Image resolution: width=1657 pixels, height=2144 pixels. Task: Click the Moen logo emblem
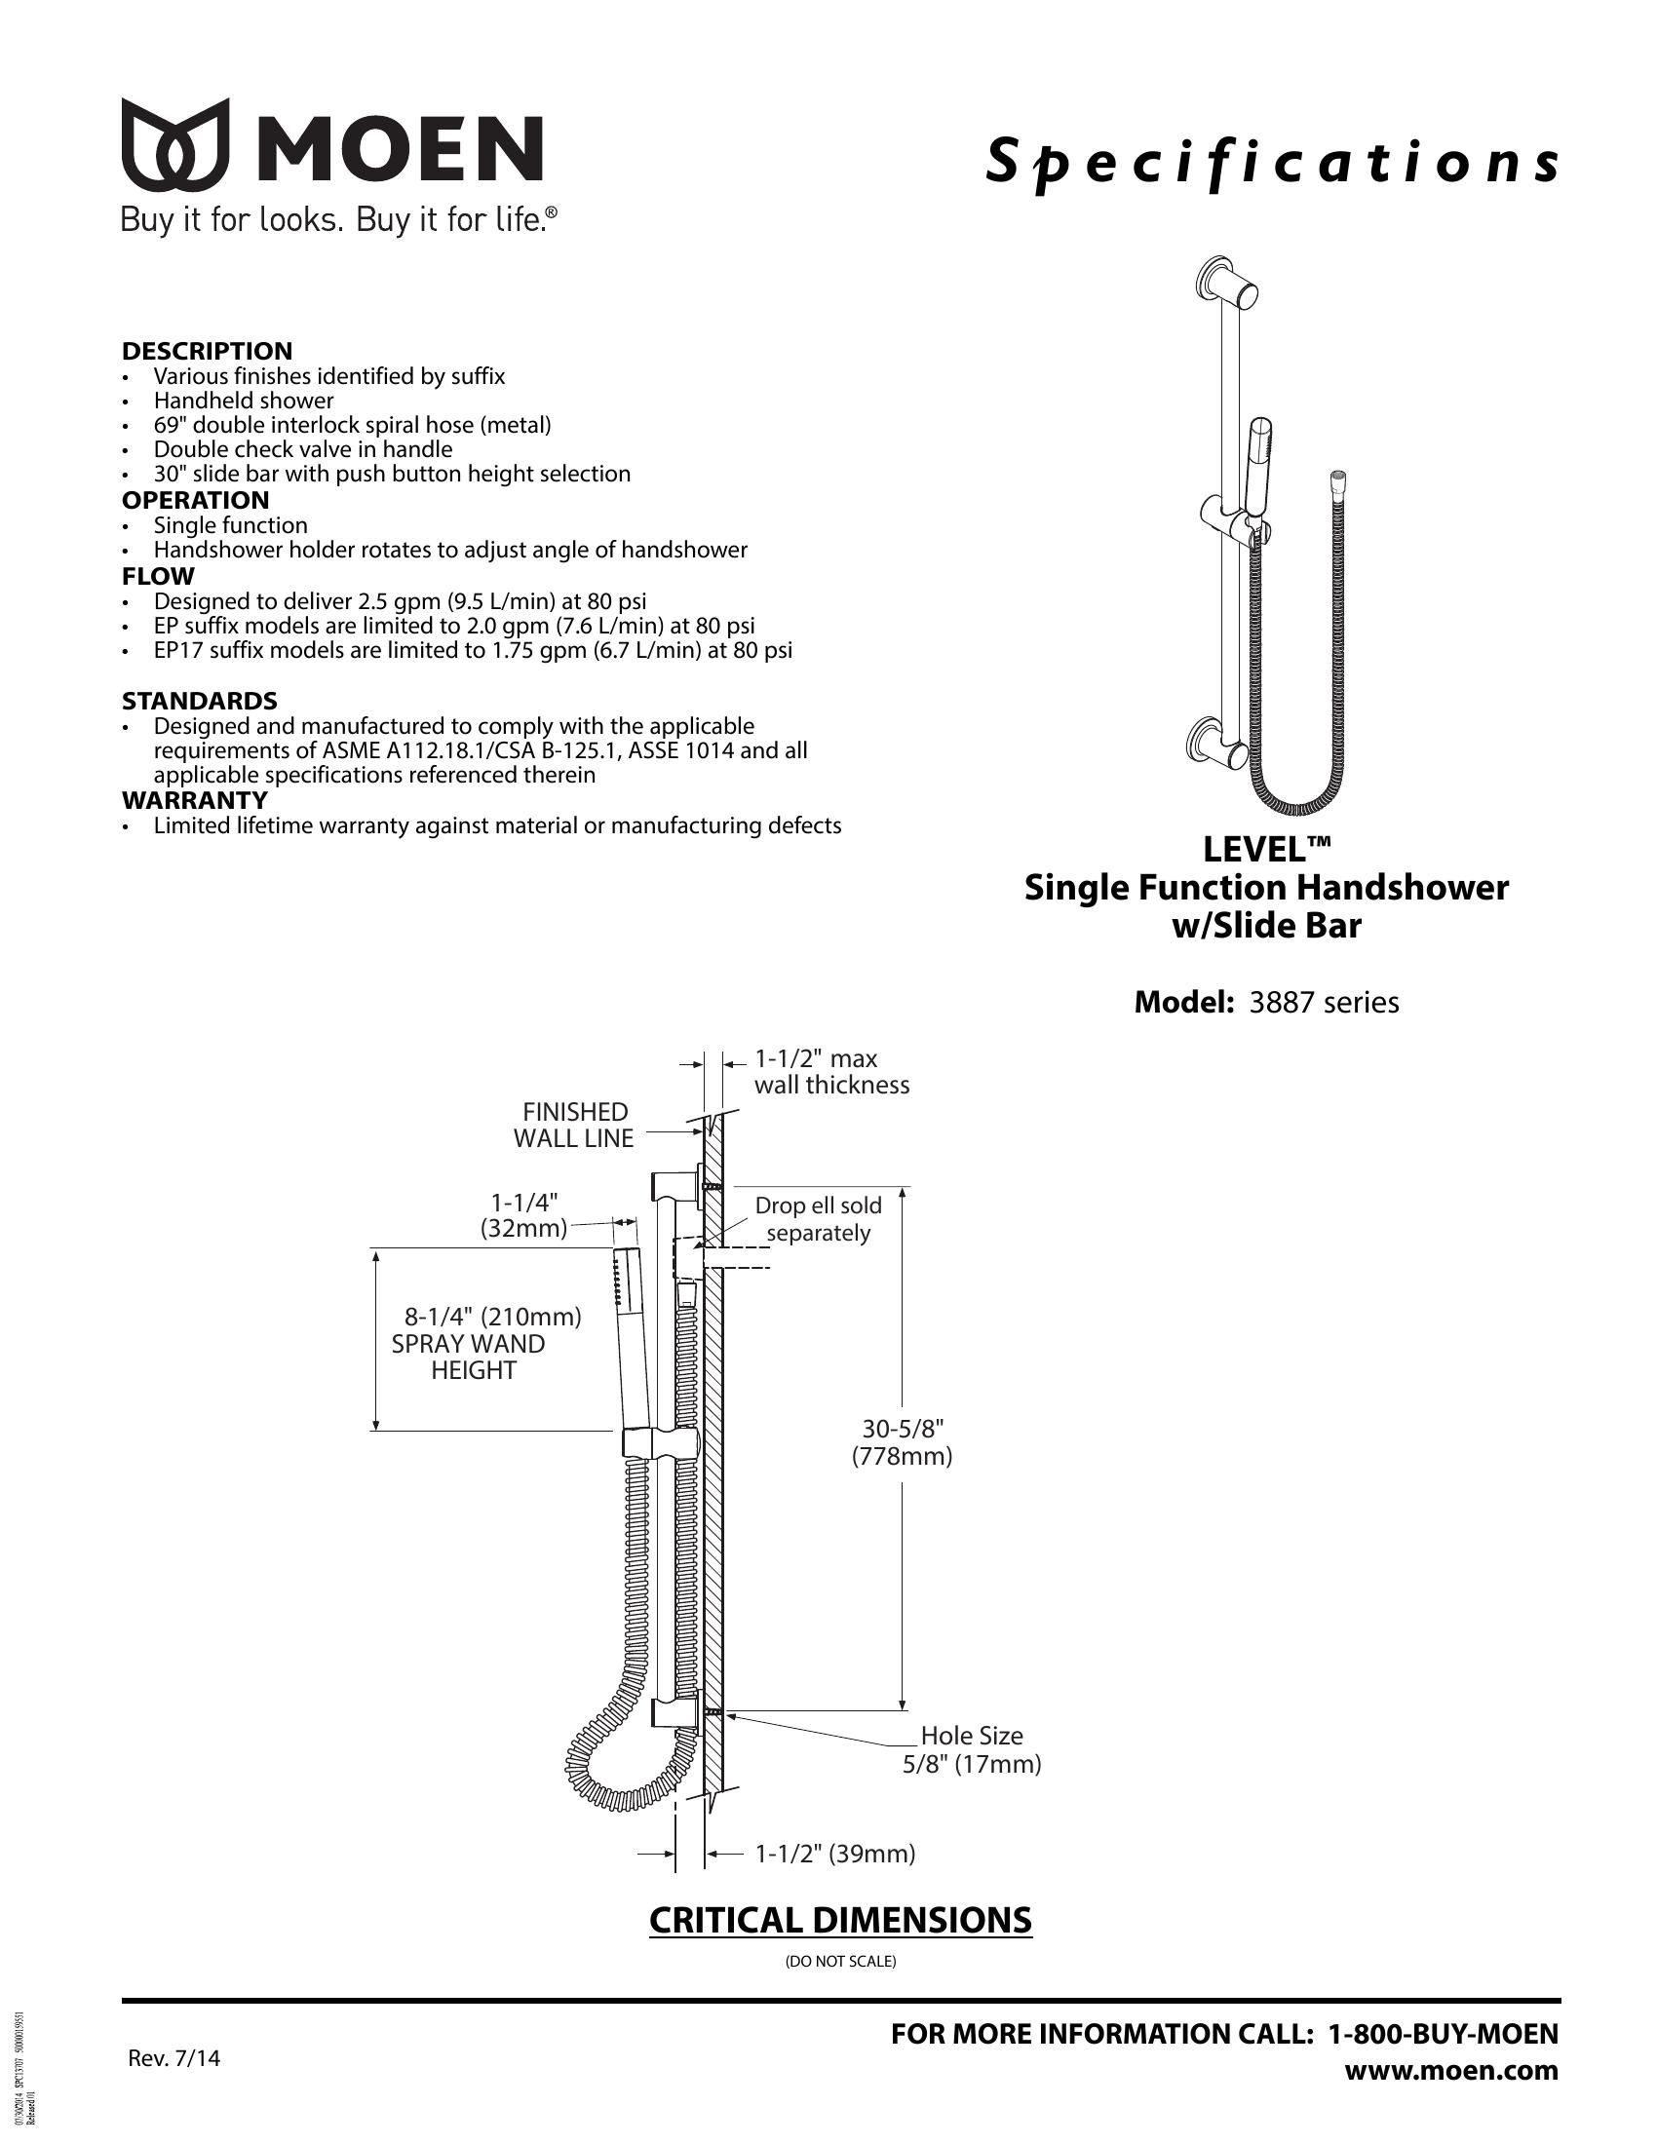(x=175, y=144)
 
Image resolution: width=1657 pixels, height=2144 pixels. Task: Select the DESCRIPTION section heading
(x=207, y=352)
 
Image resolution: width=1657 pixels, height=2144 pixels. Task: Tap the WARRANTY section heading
(x=194, y=800)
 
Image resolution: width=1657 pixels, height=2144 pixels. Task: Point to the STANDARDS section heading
(x=199, y=701)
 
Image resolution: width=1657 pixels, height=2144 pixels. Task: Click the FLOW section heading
(x=158, y=576)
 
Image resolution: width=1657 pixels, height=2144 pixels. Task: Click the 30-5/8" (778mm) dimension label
(x=903, y=1441)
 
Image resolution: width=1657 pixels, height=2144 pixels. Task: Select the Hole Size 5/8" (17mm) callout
(x=972, y=1749)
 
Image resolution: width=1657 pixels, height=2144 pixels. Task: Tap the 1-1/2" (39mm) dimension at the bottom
(x=835, y=1854)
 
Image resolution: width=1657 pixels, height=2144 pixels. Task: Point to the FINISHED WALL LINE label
(x=574, y=1125)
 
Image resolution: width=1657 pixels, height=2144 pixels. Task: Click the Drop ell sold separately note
(x=819, y=1219)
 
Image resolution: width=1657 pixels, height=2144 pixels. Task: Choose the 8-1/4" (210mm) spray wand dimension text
(x=494, y=1317)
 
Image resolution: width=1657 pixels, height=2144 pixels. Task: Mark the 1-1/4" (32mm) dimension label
(x=524, y=1214)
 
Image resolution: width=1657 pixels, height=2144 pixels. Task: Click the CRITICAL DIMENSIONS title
(x=840, y=1920)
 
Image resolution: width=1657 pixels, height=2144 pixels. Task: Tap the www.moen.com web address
(x=1451, y=2071)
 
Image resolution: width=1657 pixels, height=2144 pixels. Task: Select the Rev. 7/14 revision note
(x=174, y=2057)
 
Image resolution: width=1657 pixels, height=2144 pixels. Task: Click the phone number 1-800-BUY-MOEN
(x=1443, y=2034)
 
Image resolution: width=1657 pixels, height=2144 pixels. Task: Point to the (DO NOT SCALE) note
(x=840, y=1962)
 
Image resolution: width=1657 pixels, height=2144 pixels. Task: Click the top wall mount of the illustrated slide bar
(x=1227, y=286)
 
